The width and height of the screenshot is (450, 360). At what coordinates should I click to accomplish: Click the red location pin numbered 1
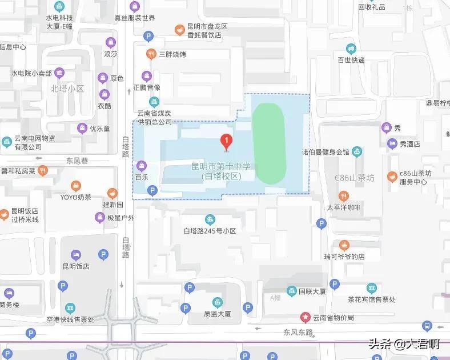click(x=226, y=141)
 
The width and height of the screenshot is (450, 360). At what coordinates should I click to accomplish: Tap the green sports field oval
click(x=268, y=143)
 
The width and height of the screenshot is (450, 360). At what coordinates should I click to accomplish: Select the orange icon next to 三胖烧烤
click(x=151, y=54)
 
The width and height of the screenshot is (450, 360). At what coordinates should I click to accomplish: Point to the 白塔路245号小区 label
click(x=210, y=231)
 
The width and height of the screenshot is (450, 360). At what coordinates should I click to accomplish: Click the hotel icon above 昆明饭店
click(x=74, y=254)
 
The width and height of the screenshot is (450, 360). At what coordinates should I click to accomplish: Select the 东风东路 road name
click(x=298, y=332)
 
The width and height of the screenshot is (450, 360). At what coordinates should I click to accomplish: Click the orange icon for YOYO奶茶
click(x=76, y=186)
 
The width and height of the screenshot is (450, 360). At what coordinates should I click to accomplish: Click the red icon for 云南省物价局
click(x=306, y=317)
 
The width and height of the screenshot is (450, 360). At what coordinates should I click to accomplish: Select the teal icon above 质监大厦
click(x=217, y=302)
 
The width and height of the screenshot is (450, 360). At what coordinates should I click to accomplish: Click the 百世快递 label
click(x=351, y=59)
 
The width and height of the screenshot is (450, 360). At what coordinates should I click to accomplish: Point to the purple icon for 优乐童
click(x=82, y=128)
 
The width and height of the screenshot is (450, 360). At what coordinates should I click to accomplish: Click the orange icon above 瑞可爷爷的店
click(x=344, y=245)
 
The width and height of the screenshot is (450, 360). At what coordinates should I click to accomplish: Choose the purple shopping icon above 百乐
click(x=142, y=166)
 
